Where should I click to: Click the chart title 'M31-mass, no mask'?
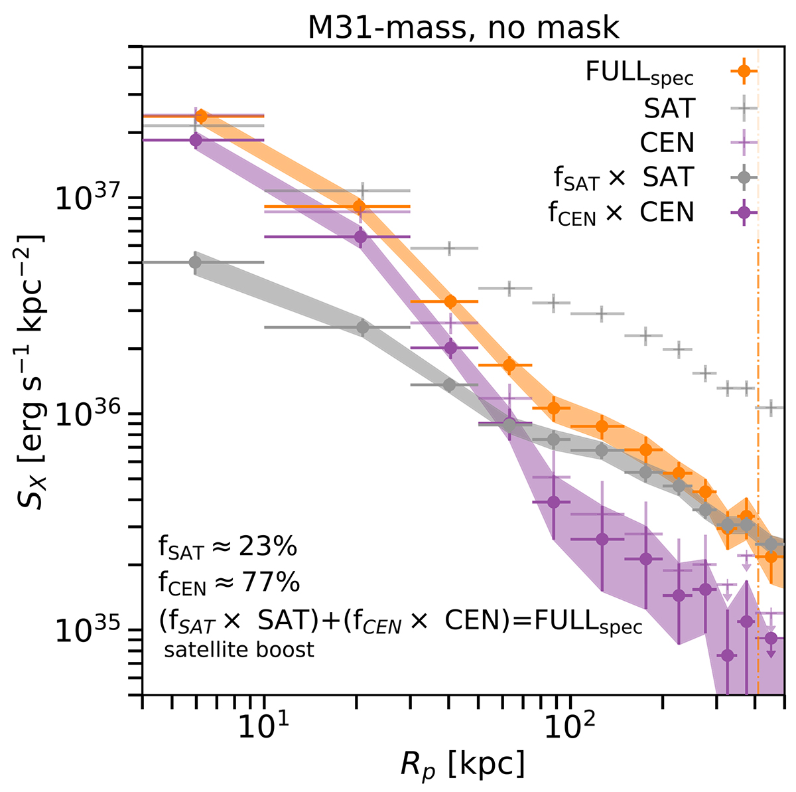point(463,27)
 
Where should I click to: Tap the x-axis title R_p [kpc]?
point(463,763)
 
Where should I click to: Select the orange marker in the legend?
point(744,70)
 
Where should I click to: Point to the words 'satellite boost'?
point(239,649)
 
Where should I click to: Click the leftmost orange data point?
point(202,116)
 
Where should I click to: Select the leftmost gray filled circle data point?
point(195,262)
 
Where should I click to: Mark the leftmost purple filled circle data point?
point(195,140)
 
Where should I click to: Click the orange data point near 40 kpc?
point(450,301)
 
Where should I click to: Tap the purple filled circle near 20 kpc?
point(360,236)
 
